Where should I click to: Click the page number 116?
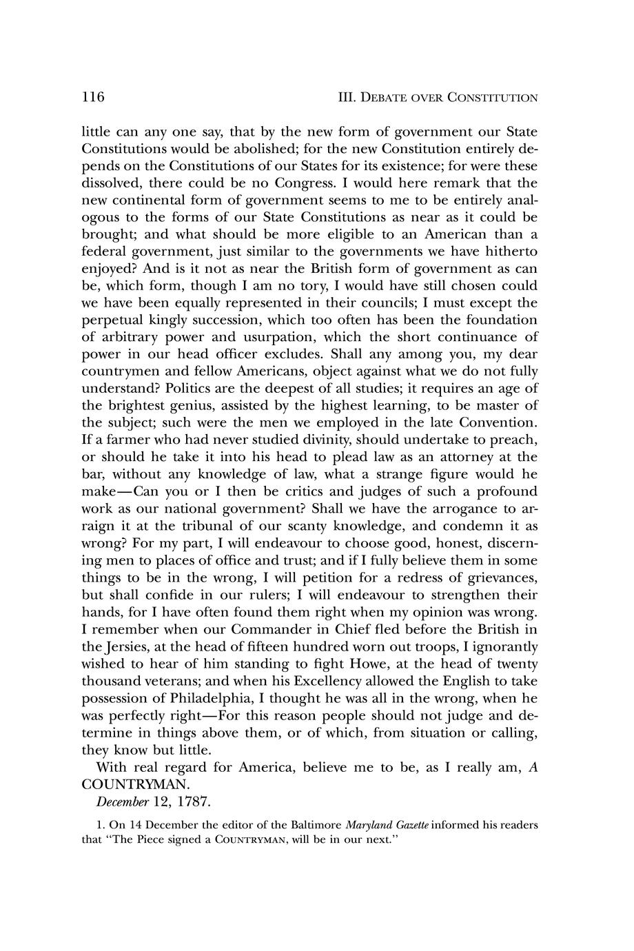click(92, 97)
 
